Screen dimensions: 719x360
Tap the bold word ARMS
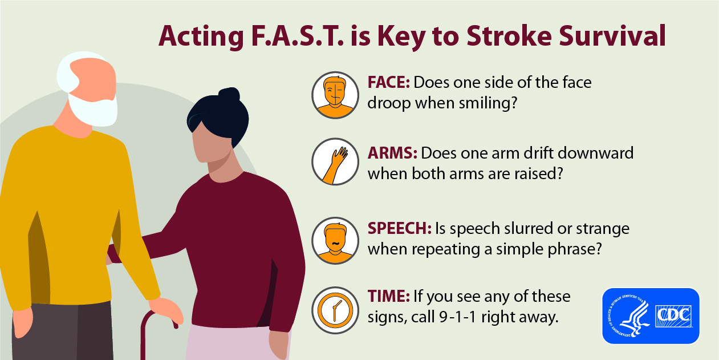[392, 153]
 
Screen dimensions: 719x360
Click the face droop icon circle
[335, 95]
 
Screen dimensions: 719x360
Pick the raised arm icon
[335, 161]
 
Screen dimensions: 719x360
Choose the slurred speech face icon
[335, 241]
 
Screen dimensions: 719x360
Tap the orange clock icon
[335, 310]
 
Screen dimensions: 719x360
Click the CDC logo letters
[673, 316]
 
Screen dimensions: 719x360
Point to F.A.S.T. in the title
[297, 36]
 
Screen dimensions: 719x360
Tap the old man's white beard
[93, 108]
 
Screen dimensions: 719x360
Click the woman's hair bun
[229, 95]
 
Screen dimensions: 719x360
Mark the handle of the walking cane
[160, 318]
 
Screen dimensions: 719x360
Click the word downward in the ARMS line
[595, 153]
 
